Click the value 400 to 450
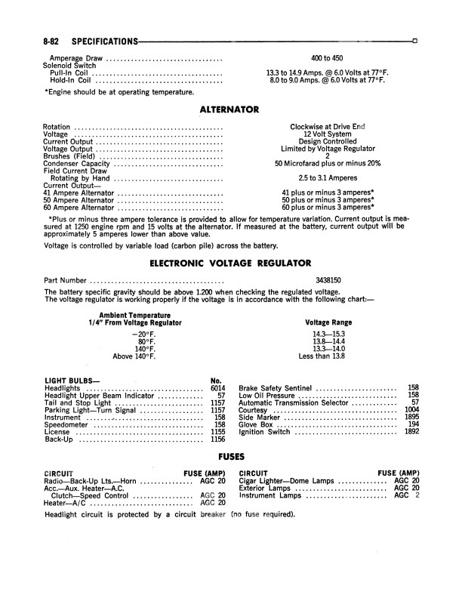click(327, 58)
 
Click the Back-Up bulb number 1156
click(218, 439)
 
